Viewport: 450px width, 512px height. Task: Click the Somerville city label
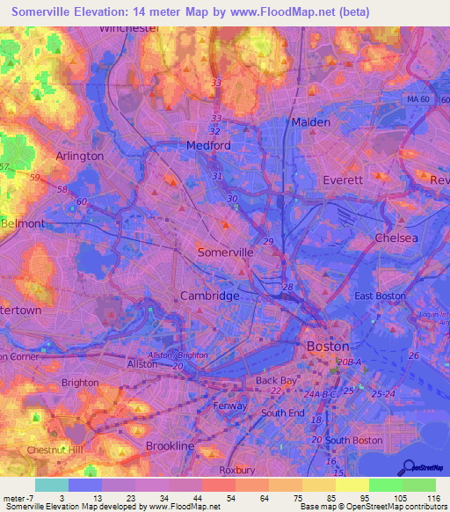click(225, 252)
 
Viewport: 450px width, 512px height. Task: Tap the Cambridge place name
click(210, 296)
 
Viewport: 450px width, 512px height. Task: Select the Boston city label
click(327, 347)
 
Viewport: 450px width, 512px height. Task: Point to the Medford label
click(208, 145)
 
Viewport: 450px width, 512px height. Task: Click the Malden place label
click(311, 122)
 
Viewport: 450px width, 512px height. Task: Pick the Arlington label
click(80, 156)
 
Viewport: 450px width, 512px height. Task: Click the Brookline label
click(170, 446)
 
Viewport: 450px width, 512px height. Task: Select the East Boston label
click(380, 296)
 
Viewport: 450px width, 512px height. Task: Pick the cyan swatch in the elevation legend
click(52, 485)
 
